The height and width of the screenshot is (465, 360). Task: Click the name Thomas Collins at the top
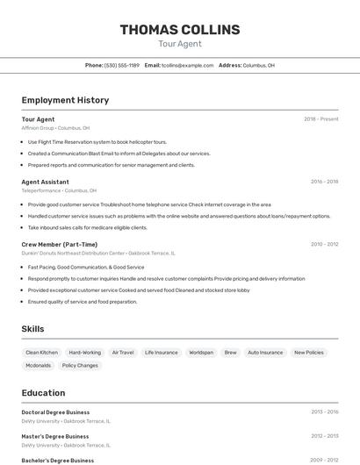click(x=179, y=30)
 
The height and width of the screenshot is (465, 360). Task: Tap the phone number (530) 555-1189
click(x=122, y=65)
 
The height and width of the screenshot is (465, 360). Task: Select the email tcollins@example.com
click(x=187, y=65)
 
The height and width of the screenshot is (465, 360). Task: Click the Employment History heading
click(x=65, y=100)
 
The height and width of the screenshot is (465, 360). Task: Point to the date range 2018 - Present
click(x=320, y=119)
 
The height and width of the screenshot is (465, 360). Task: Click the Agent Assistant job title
click(x=45, y=182)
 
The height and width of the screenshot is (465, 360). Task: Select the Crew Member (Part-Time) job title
click(x=59, y=244)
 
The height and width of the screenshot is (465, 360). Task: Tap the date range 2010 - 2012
click(x=324, y=245)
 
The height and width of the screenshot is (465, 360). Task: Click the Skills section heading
click(x=33, y=329)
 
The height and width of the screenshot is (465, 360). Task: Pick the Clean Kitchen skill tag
click(x=41, y=352)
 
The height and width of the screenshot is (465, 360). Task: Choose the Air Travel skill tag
click(x=123, y=352)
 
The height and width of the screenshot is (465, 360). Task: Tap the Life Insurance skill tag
click(x=162, y=352)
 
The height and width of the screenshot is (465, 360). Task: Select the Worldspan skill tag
click(x=201, y=352)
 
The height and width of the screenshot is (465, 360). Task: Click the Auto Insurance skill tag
click(x=265, y=352)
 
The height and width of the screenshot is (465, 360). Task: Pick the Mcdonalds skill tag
click(x=39, y=365)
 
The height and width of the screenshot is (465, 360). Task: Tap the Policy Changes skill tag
click(x=80, y=365)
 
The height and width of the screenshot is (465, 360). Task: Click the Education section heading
click(x=43, y=393)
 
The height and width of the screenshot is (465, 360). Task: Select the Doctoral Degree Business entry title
click(x=55, y=411)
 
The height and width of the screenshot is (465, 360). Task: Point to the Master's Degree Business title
click(x=54, y=436)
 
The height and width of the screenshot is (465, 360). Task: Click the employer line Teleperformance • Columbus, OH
click(x=59, y=190)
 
